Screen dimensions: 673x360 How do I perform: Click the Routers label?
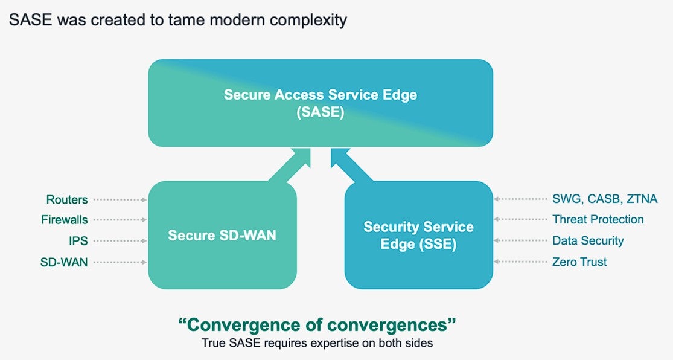tap(67, 199)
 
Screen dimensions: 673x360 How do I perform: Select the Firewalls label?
tap(65, 220)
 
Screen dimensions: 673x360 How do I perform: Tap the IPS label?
tap(78, 241)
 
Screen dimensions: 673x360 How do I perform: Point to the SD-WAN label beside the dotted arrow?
tap(64, 262)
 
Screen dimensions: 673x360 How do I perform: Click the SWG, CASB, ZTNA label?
tap(605, 199)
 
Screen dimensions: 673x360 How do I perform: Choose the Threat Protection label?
tap(598, 219)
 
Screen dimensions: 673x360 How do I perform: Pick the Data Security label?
tap(588, 240)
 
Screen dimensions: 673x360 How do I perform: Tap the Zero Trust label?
tap(579, 262)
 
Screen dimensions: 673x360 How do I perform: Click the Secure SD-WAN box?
tap(222, 235)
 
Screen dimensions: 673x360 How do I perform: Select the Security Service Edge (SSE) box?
tap(418, 235)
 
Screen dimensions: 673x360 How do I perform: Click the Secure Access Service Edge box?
tap(321, 103)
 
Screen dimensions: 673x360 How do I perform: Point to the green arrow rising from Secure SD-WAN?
tap(289, 165)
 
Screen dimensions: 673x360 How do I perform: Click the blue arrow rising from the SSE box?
tap(352, 165)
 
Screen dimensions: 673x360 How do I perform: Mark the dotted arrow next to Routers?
tap(120, 200)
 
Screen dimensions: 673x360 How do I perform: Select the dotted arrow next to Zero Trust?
tap(520, 262)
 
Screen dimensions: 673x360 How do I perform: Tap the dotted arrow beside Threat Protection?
tap(520, 219)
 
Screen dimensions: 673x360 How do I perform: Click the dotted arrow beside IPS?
tap(120, 241)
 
